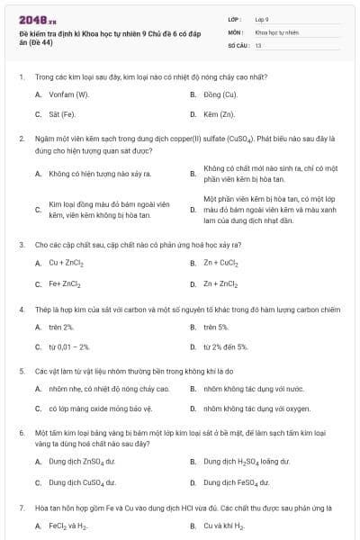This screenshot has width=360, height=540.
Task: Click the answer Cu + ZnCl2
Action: [66, 263]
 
